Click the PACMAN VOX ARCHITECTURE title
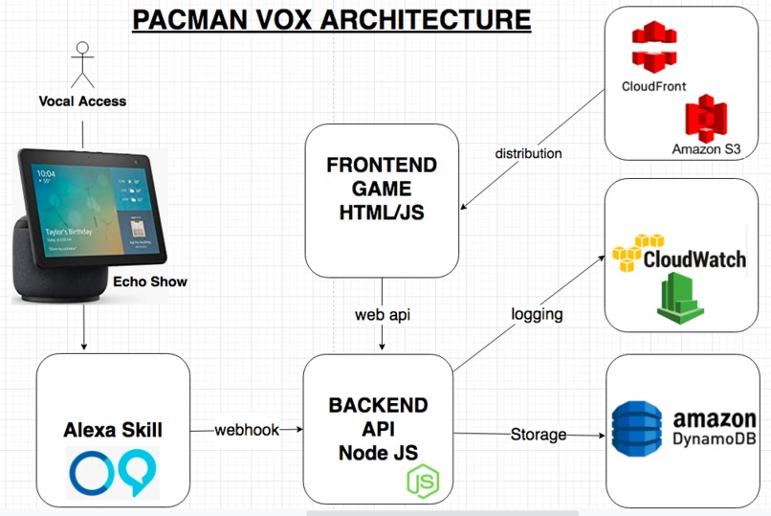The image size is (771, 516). point(330,18)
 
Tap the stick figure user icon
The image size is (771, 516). point(81,65)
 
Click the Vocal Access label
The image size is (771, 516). point(82,101)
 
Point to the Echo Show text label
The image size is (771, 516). point(149,281)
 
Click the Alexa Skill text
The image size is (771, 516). point(112,430)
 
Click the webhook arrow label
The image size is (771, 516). point(247,430)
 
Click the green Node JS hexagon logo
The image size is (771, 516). point(423,481)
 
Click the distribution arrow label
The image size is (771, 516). point(528,153)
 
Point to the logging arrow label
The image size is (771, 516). point(536,314)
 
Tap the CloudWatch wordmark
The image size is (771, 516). point(694,259)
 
